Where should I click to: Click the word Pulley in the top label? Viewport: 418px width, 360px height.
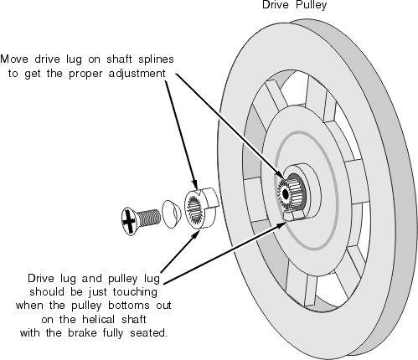pyautogui.click(x=311, y=5)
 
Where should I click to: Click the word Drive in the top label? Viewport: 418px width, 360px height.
pyautogui.click(x=275, y=5)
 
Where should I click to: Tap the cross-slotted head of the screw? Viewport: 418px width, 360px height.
pyautogui.click(x=128, y=221)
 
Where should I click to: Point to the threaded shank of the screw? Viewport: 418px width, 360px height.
pyautogui.click(x=149, y=218)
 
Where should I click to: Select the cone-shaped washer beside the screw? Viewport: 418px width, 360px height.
pyautogui.click(x=171, y=213)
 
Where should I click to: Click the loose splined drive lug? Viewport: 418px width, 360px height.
pyautogui.click(x=201, y=208)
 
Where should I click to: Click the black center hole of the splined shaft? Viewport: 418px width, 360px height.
pyautogui.click(x=286, y=194)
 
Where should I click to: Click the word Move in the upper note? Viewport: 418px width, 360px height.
pyautogui.click(x=14, y=59)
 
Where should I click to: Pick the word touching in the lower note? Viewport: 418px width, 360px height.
pyautogui.click(x=135, y=292)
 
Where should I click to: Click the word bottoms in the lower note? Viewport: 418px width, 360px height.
pyautogui.click(x=129, y=306)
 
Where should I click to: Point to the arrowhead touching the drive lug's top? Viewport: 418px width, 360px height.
pyautogui.click(x=195, y=184)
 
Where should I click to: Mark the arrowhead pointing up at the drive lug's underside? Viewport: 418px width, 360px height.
pyautogui.click(x=195, y=235)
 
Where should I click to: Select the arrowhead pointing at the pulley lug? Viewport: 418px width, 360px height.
pyautogui.click(x=281, y=225)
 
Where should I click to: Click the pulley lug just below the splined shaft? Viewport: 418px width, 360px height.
pyautogui.click(x=293, y=215)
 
